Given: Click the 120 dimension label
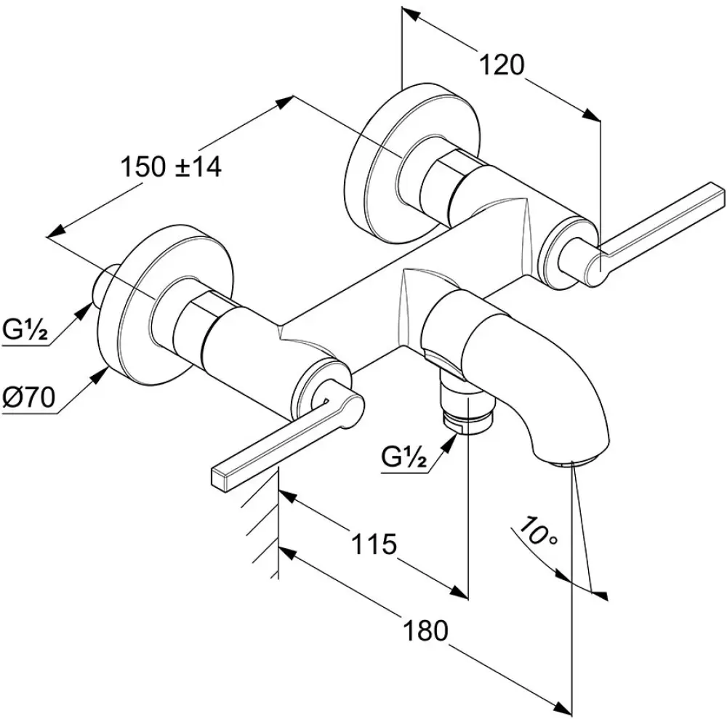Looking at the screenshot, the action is pyautogui.click(x=501, y=65).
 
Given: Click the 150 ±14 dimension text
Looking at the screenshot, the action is pyautogui.click(x=171, y=167).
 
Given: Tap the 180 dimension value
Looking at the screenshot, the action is pyautogui.click(x=425, y=630).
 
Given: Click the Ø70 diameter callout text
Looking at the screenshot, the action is pyautogui.click(x=29, y=397).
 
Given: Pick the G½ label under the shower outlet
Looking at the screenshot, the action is pyautogui.click(x=403, y=459).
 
